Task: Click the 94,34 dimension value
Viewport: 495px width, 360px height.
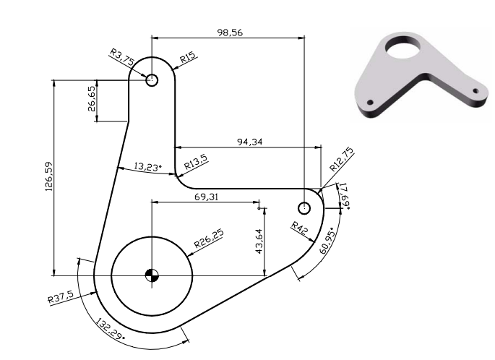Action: click(250, 142)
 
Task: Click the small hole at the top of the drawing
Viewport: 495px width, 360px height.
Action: click(152, 80)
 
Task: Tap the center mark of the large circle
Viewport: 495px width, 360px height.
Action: click(151, 275)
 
